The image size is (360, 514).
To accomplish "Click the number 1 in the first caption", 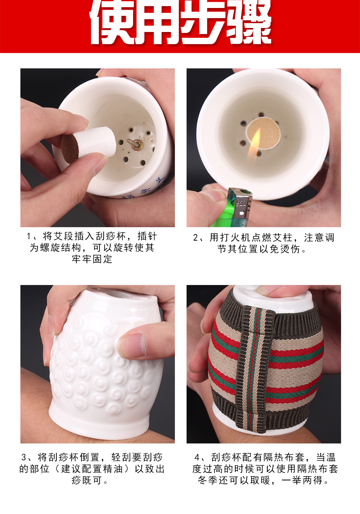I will (29, 236).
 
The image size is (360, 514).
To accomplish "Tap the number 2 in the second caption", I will (196, 238).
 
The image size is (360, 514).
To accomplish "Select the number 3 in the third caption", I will (24, 457).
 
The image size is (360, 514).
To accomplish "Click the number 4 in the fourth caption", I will (197, 457).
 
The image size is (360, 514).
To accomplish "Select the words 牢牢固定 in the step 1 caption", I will (92, 259).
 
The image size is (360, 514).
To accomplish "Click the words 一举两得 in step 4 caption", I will (303, 481).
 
